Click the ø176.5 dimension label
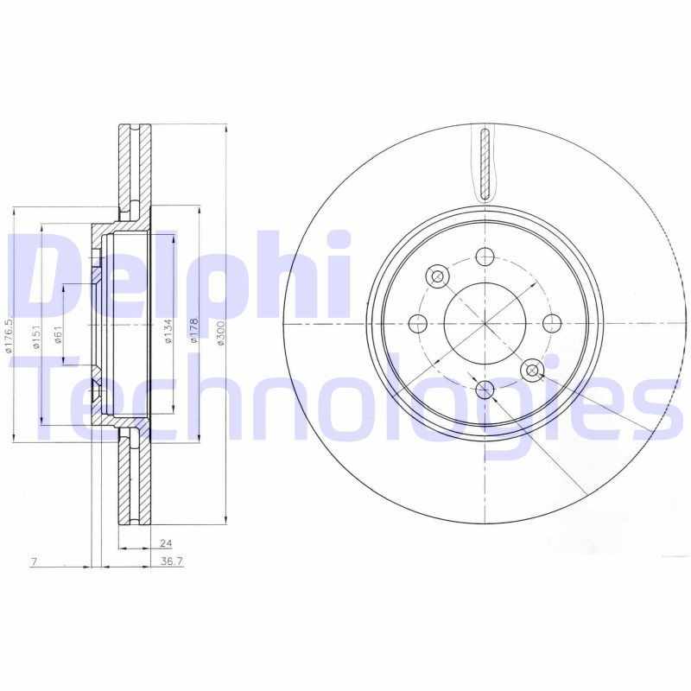(x=10, y=335)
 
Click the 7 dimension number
(x=33, y=562)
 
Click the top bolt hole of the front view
(x=485, y=257)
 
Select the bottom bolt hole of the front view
(x=485, y=390)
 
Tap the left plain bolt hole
(x=418, y=324)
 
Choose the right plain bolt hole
(x=551, y=324)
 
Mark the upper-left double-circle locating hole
(x=437, y=276)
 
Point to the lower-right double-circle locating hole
(x=532, y=371)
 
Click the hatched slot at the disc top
(x=485, y=162)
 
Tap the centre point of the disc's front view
(x=485, y=324)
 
